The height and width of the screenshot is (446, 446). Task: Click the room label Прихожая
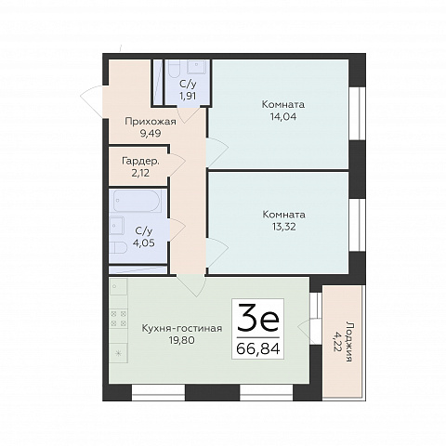coord(151,122)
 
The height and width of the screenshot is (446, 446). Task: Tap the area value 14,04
coord(282,117)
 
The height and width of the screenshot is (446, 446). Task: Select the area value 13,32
coord(283,227)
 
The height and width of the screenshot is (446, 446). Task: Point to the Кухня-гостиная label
coord(182,328)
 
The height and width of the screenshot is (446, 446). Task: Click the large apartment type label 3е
coord(258,318)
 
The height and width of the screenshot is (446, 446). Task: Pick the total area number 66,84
coord(258,348)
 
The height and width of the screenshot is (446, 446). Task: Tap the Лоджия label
coord(349,342)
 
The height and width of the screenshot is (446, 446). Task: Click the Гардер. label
coord(140,162)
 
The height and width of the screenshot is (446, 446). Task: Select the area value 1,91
coord(188,96)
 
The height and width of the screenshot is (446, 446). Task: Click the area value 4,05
coord(143,243)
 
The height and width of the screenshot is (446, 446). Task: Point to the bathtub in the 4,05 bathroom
coord(138,202)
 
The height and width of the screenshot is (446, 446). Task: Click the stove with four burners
coord(119,319)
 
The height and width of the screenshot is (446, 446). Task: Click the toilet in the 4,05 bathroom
coord(118,249)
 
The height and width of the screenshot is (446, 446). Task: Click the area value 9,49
coord(151,134)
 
